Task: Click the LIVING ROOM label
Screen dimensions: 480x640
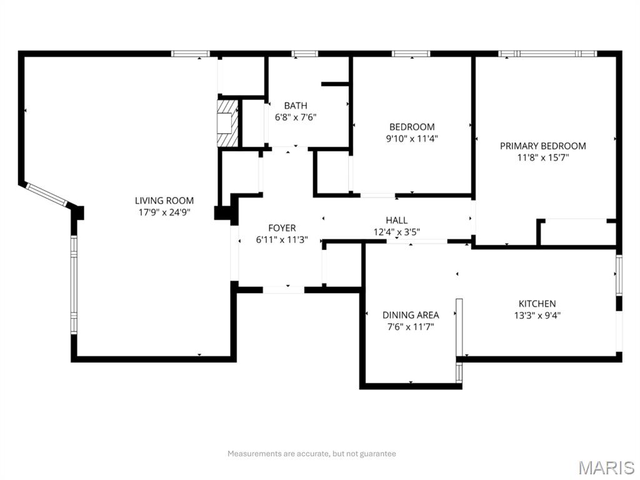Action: pos(164,201)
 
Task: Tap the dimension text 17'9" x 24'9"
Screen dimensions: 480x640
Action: pos(164,212)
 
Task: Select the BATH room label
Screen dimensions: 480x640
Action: pos(296,106)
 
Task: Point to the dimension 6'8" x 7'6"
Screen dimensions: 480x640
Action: pos(296,117)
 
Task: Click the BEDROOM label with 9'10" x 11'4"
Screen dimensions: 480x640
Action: pos(412,127)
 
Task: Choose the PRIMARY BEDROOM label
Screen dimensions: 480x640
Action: pos(542,146)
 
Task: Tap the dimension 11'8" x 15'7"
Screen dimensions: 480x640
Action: pos(542,157)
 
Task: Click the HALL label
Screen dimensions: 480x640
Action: pos(396,220)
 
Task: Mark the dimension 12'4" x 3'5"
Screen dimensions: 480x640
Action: pos(396,231)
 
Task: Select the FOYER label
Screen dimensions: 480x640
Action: pos(282,228)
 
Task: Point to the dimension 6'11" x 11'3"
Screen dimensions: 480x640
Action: pos(282,239)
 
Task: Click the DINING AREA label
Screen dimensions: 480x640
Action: pos(411,315)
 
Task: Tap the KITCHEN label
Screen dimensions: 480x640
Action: pos(537,304)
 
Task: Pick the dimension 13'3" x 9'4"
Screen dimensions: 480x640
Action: pos(537,316)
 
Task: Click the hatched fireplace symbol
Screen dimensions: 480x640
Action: pos(227,122)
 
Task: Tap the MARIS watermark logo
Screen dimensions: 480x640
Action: pos(606,467)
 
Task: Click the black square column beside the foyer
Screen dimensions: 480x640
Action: pos(222,213)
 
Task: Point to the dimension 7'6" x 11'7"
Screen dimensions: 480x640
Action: pos(411,326)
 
